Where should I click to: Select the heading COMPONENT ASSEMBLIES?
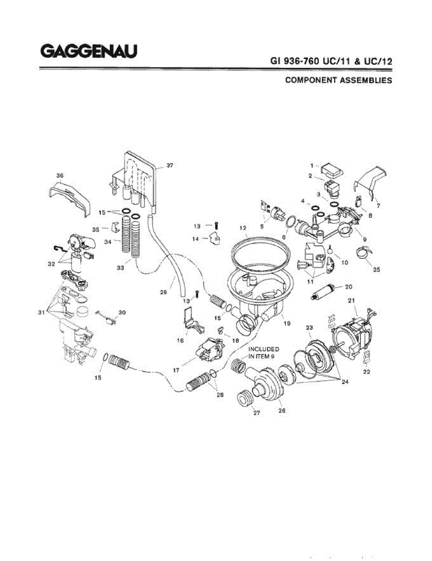coord(338,80)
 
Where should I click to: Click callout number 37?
coord(170,166)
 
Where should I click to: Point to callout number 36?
coord(60,175)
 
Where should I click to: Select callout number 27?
coord(256,413)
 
